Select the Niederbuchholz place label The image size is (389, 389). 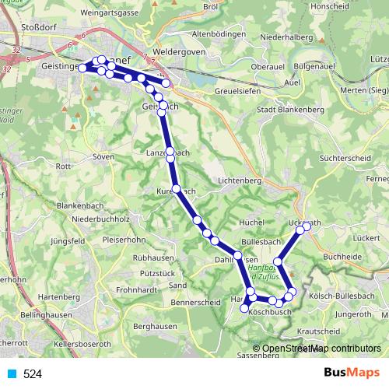tap(100, 219)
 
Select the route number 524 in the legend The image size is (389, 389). tap(32, 374)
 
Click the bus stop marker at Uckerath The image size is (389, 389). tap(307, 226)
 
